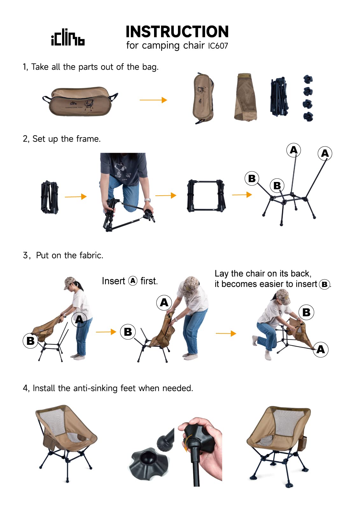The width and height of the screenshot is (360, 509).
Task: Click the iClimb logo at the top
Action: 68,38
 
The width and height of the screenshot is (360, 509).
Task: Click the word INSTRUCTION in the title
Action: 177,32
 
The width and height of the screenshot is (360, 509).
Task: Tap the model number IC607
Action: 218,46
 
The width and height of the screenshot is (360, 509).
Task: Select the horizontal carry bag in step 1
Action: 80,101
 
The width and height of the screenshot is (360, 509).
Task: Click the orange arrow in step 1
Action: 153,100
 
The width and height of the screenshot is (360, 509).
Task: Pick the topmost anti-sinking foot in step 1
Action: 308,79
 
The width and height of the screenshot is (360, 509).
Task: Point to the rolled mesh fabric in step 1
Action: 245,97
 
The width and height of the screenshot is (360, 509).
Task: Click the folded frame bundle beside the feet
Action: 279,97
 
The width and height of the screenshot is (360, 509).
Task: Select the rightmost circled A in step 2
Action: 325,153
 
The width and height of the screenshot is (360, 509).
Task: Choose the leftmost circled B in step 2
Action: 252,178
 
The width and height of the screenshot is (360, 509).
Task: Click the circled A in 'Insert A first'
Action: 133,281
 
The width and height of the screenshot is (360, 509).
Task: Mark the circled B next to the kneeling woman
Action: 306,312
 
